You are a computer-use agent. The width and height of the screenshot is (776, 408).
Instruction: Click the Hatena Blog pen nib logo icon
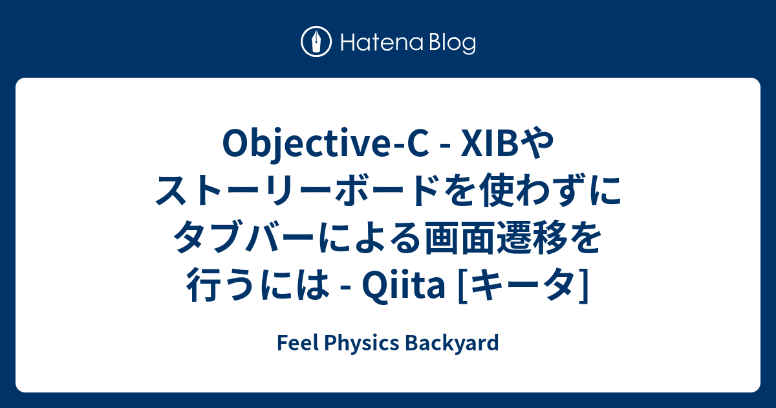(x=316, y=43)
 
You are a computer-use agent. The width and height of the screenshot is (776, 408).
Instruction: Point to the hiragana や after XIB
(x=537, y=146)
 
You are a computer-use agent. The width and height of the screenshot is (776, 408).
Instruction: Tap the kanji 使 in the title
(x=498, y=192)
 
